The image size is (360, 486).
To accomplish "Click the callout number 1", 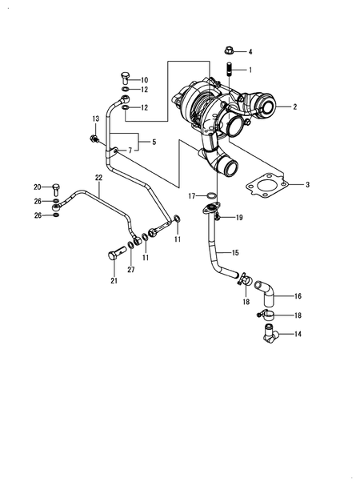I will click(249, 70).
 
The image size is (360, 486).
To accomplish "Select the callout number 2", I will click(294, 106).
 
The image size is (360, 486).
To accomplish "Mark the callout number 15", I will click(235, 253).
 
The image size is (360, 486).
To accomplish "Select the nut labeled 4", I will click(229, 50).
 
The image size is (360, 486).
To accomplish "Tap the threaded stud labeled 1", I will click(230, 68).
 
